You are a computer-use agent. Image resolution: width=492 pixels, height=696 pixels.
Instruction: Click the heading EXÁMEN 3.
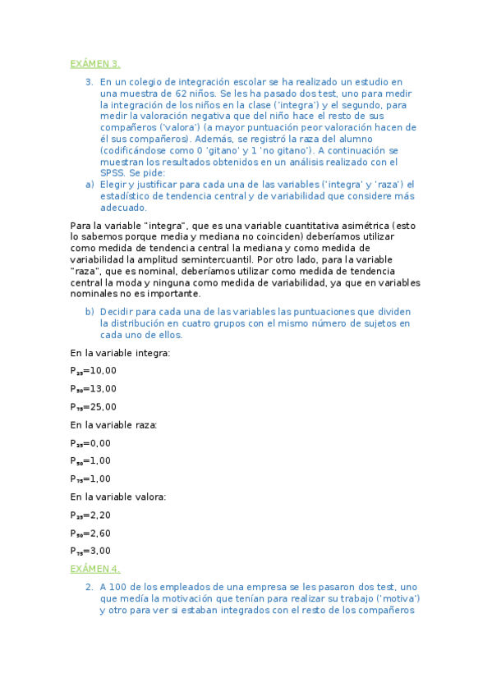tap(95, 63)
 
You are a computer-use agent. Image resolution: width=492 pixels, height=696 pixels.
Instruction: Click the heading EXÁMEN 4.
tap(95, 569)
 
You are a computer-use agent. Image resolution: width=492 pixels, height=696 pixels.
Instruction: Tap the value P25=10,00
tap(94, 371)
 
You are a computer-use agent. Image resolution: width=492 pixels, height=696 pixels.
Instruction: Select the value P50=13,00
tap(94, 389)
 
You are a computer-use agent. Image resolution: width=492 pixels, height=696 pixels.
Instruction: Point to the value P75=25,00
tap(94, 407)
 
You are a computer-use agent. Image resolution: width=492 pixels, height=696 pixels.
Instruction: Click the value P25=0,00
tap(90, 443)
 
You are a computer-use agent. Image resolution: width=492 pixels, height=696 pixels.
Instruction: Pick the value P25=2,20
tap(90, 515)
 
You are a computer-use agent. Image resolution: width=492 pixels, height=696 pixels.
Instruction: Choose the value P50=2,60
tap(90, 533)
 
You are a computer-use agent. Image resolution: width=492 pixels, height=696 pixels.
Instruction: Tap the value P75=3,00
tap(90, 552)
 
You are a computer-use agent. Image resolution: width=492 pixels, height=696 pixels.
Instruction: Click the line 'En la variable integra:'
tap(121, 353)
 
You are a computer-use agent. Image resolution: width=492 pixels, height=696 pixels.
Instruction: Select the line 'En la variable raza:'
tap(114, 425)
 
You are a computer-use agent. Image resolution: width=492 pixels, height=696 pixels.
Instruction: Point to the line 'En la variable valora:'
tap(118, 497)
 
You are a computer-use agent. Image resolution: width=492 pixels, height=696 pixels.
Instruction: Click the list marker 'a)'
tap(90, 185)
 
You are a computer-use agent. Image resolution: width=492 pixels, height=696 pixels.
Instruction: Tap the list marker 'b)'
tap(90, 312)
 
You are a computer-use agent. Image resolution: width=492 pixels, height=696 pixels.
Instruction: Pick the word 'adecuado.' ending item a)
tap(123, 208)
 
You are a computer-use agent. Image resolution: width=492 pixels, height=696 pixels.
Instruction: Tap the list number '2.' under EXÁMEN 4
tap(90, 588)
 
